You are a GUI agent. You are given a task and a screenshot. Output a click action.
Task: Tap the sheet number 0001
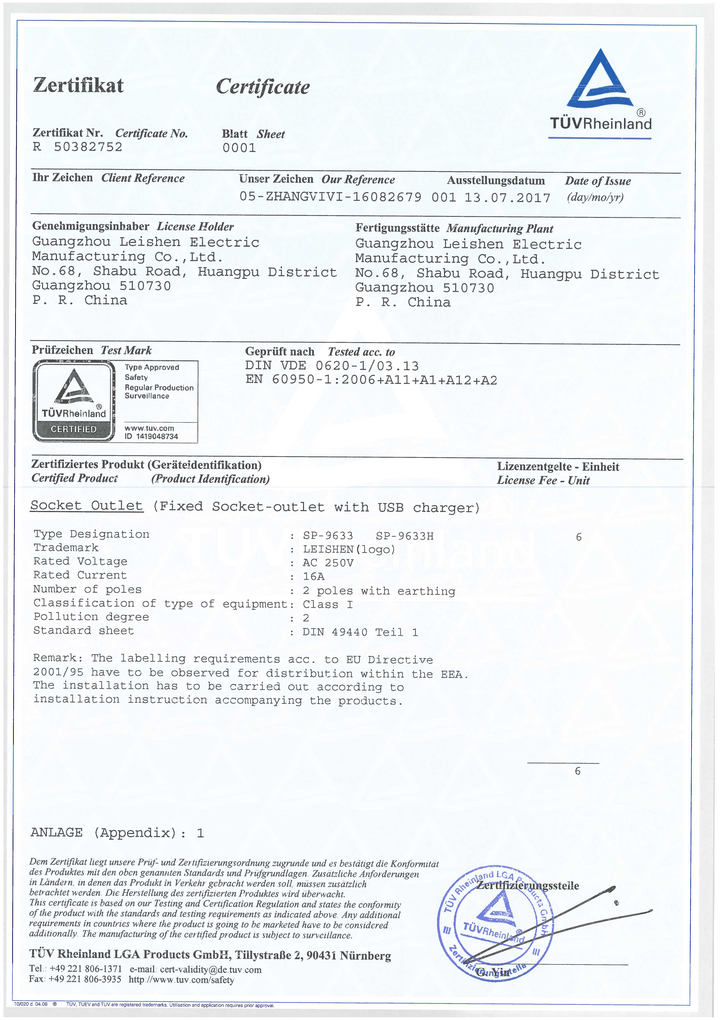coord(239,148)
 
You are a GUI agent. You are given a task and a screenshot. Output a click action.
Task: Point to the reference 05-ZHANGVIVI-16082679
coord(330,197)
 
